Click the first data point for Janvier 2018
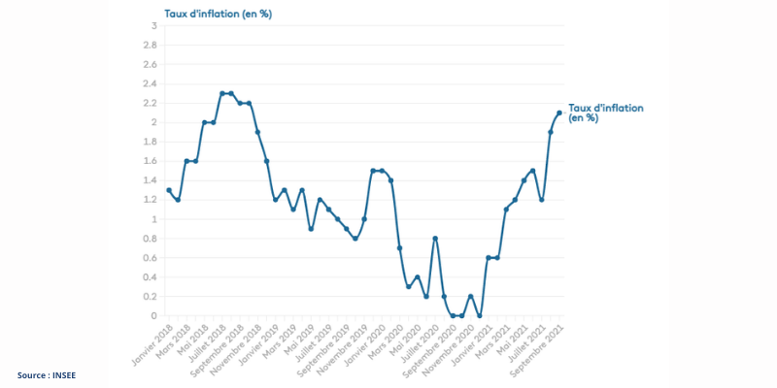coord(169,190)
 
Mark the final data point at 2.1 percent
coord(559,113)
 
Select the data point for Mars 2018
coord(186,161)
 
